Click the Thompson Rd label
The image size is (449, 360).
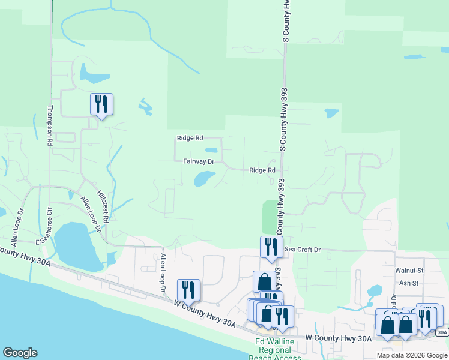[x=50, y=126]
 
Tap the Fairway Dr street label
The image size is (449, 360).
[x=199, y=161]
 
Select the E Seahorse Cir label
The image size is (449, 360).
[x=47, y=226]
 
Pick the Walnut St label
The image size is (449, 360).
[x=409, y=271]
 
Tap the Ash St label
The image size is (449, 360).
[x=408, y=283]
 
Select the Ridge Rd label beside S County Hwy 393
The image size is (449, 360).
[x=262, y=170]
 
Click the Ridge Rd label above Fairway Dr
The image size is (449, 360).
[x=190, y=138]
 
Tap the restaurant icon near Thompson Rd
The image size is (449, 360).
[x=101, y=104]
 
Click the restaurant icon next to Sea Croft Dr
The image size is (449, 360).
[x=271, y=247]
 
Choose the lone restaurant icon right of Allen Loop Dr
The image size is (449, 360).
[x=188, y=290]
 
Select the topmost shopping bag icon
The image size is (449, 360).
[x=264, y=281]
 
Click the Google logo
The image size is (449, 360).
[x=20, y=353]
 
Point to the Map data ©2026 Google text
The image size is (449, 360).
[x=412, y=355]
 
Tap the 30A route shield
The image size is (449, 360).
[x=442, y=332]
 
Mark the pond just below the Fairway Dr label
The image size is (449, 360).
[x=203, y=178]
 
